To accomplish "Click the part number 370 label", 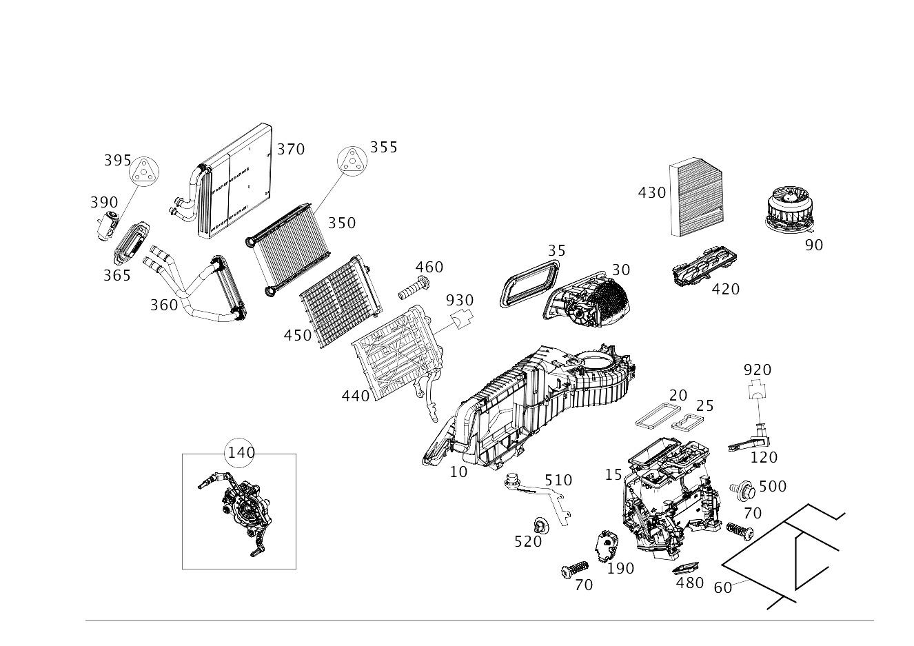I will coord(290,150).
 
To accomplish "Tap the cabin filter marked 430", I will coord(696,198).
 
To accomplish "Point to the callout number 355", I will coord(383,148).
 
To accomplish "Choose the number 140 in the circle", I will coord(241,453).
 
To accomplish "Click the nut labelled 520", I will coord(542,526).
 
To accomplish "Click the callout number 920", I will coord(757,370).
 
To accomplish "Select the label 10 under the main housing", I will coord(458,472).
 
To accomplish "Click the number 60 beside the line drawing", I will coord(722,588).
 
